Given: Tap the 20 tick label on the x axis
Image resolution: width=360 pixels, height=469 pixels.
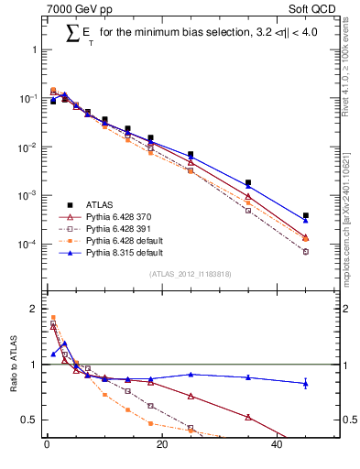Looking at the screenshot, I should click(x=162, y=448).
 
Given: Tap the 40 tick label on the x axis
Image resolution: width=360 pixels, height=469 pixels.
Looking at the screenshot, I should click(x=278, y=448).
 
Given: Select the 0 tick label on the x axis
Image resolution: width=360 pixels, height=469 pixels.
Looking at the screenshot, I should click(x=47, y=448).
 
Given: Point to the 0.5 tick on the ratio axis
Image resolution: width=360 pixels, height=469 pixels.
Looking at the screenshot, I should click(x=31, y=420).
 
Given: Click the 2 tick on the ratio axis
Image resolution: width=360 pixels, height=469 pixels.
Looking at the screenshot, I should click(x=35, y=309).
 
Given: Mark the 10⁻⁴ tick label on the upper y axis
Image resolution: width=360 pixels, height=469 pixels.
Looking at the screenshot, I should click(x=28, y=245).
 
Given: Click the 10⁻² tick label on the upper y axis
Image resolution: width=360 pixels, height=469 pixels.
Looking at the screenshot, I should click(x=28, y=147).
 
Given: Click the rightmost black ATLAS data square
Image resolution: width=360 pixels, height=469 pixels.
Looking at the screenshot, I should click(x=306, y=215).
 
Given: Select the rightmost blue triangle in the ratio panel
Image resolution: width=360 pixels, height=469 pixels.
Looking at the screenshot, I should click(x=306, y=383).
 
